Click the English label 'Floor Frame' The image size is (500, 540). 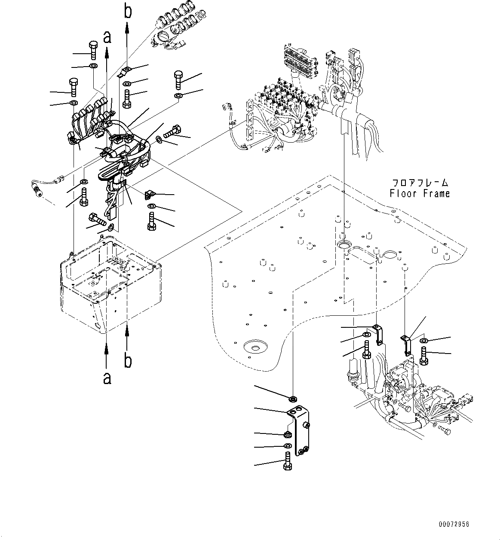pos(420,194)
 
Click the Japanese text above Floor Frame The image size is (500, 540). pos(420,182)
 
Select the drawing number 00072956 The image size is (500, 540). pos(454,525)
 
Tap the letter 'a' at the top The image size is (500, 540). pos(107,37)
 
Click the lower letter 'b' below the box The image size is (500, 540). pos(128,361)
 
